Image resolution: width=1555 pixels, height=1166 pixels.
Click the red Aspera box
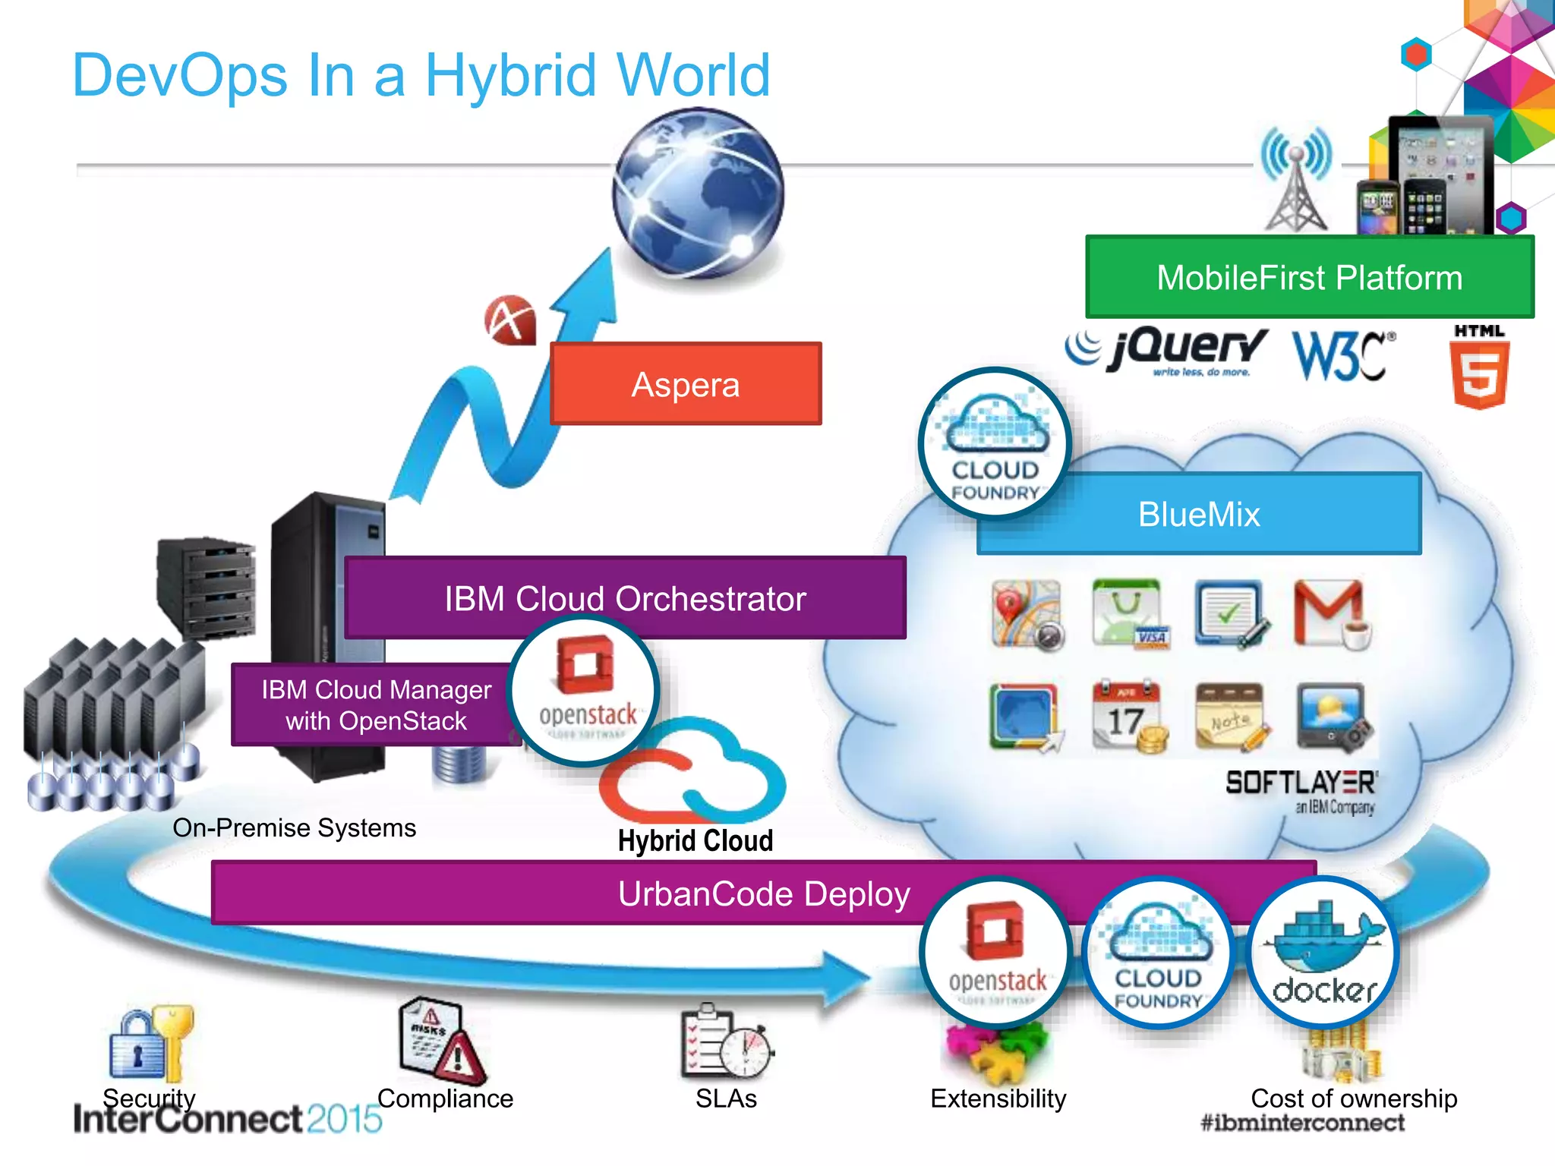686,384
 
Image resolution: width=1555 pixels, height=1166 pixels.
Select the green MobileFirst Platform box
1309,277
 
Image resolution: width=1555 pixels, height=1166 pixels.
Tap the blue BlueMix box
1230,515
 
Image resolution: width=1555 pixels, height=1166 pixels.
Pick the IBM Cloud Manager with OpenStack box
375,704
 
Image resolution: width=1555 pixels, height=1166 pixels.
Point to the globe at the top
698,193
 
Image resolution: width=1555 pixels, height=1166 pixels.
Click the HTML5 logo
1478,367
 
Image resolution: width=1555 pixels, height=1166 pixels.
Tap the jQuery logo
1169,351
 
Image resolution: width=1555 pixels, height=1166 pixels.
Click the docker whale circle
1323,952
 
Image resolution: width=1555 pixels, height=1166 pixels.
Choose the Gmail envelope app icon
1331,613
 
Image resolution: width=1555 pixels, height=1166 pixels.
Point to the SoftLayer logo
1301,790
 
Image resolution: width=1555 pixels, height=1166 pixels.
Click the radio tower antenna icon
1296,179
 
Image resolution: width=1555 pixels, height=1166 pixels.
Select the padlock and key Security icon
151,1045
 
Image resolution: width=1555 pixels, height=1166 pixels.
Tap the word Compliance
445,1098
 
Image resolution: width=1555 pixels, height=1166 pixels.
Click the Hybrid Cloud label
695,840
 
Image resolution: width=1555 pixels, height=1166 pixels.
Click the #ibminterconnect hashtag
1302,1123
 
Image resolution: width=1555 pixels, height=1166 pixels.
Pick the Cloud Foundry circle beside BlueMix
995,443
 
